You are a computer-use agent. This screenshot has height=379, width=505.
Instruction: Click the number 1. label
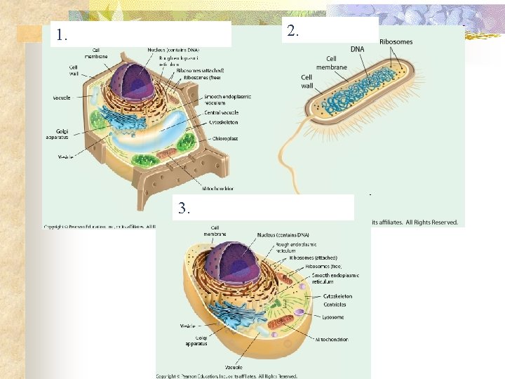pos(63,35)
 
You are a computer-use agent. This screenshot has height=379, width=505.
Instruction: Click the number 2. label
pos(293,31)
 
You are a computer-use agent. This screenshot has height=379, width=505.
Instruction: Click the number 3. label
pos(183,208)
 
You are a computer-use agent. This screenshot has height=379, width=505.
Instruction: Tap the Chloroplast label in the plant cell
pos(226,139)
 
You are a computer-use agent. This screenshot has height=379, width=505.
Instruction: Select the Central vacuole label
pos(221,112)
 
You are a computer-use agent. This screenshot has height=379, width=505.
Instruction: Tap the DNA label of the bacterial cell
pos(357,49)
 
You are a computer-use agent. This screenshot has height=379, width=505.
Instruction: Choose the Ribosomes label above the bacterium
pos(396,42)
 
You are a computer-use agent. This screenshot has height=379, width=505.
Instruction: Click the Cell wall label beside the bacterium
pos(307,81)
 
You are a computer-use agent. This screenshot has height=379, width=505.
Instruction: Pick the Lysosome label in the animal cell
pos(334,317)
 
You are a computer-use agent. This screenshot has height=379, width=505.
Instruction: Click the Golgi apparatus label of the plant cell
pos(62,133)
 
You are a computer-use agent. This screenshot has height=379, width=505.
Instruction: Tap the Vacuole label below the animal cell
pos(234,367)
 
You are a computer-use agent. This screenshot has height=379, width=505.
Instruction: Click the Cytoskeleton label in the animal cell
pos(337,296)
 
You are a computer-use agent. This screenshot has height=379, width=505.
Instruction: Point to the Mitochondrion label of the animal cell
pos(331,339)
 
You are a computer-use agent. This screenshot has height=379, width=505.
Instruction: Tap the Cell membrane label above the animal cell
pos(215,230)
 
